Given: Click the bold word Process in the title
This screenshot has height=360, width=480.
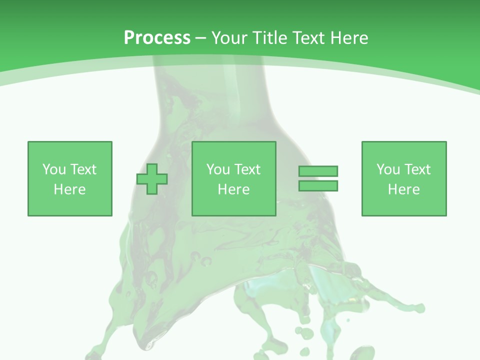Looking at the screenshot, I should pyautogui.click(x=157, y=38).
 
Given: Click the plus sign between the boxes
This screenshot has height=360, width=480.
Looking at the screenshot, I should pyautogui.click(x=152, y=179).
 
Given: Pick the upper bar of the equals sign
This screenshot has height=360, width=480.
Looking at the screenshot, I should pyautogui.click(x=318, y=171).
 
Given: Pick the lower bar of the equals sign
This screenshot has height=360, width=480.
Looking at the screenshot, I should pyautogui.click(x=318, y=185).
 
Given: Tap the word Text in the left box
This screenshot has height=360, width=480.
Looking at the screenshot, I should pyautogui.click(x=83, y=169).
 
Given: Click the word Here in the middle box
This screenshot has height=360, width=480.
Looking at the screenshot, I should pyautogui.click(x=233, y=189).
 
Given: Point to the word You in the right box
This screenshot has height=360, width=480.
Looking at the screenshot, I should pyautogui.click(x=388, y=169).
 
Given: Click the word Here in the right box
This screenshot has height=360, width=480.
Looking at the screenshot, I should pyautogui.click(x=403, y=189).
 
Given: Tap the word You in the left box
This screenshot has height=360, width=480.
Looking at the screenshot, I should pyautogui.click(x=54, y=169).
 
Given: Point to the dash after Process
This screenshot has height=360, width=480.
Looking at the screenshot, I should pyautogui.click(x=200, y=38).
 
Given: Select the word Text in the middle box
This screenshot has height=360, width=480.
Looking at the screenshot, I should pyautogui.click(x=247, y=169).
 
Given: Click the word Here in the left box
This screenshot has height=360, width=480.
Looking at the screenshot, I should pyautogui.click(x=69, y=189).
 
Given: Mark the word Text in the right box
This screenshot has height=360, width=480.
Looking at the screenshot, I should pyautogui.click(x=417, y=169).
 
